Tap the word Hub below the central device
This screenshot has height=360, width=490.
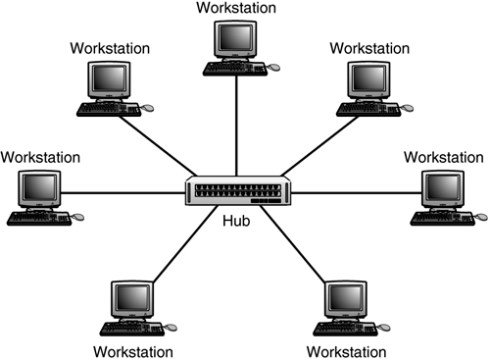[x=235, y=222]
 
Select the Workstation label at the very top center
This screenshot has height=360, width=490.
[x=235, y=8]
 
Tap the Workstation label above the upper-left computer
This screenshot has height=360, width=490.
[x=110, y=47]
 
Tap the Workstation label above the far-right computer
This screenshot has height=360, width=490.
[x=443, y=156]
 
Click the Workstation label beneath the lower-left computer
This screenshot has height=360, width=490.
[x=133, y=351]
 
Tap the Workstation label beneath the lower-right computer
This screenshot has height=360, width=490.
[x=346, y=351]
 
